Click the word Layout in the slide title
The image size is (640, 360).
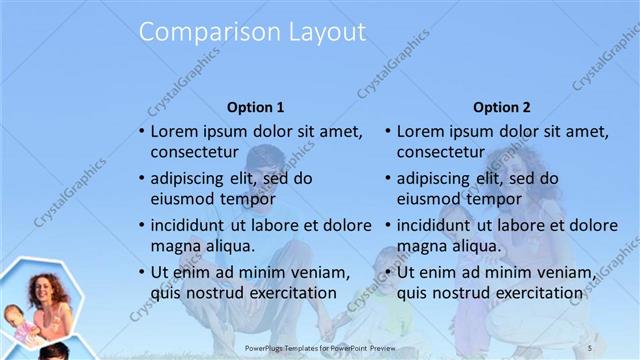(323, 32)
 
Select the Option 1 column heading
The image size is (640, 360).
(256, 107)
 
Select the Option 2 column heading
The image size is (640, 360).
(502, 107)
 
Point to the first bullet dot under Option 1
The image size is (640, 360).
(142, 131)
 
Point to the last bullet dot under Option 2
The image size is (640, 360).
(388, 273)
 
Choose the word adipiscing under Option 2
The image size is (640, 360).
(433, 178)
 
